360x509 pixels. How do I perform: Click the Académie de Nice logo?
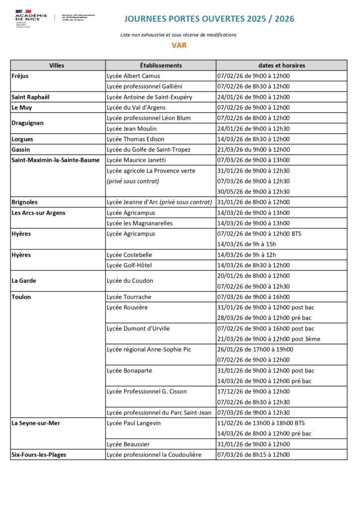pos(31,18)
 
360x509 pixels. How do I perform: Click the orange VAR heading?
pos(179,46)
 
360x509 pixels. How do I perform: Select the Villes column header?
pos(57,66)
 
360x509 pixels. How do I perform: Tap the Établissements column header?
pos(161,66)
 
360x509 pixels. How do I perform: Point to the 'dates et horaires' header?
pos(281,66)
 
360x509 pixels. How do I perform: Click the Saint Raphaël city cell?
pos(31,97)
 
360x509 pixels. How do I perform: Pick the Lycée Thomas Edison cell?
pos(135,139)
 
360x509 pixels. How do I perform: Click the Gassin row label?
pos(22,150)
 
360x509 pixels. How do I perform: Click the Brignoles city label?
pos(24,202)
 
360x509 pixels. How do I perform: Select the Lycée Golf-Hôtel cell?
pos(129,265)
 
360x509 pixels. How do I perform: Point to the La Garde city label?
pos(24,281)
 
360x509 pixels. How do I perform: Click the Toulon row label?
pos(21,297)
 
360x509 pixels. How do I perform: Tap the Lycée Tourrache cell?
pos(129,297)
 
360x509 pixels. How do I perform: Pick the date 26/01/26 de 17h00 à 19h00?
pos(255,349)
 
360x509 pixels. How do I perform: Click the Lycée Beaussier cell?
pos(128,444)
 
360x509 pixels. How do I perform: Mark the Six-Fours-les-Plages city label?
pos(39,454)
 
